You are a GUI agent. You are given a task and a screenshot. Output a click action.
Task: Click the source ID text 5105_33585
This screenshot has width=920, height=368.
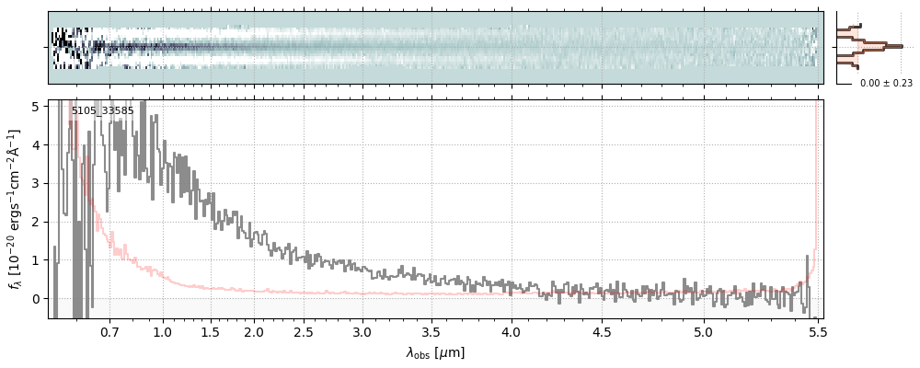(x=102, y=111)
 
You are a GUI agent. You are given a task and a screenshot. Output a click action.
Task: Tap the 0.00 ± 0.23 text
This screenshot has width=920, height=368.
(x=886, y=83)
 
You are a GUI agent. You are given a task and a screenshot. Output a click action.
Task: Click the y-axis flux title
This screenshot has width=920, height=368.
(x=16, y=209)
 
